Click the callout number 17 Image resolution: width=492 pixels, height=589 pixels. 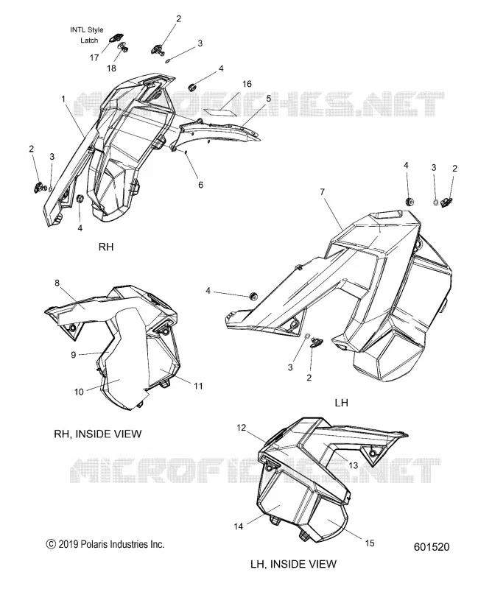click(94, 57)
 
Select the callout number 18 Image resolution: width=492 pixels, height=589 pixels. click(112, 68)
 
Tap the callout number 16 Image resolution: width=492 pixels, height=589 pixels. click(247, 84)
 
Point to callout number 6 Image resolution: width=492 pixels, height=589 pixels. click(200, 185)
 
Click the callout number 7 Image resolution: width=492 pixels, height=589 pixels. click(322, 192)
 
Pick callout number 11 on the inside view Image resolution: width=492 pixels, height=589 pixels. click(198, 386)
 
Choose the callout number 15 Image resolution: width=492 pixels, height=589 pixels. click(370, 543)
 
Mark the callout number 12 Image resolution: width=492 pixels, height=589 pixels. click(241, 428)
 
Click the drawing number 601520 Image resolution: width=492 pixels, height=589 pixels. click(432, 547)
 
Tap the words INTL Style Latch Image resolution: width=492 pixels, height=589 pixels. click(87, 35)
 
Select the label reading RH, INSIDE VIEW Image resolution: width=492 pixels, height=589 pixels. click(98, 434)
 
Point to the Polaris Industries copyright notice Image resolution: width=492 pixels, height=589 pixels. click(105, 544)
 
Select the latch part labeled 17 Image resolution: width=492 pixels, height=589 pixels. click(115, 38)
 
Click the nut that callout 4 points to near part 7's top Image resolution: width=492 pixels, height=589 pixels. click(409, 201)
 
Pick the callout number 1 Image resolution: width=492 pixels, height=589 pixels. click(63, 99)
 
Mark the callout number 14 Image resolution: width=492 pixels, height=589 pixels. click(239, 526)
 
